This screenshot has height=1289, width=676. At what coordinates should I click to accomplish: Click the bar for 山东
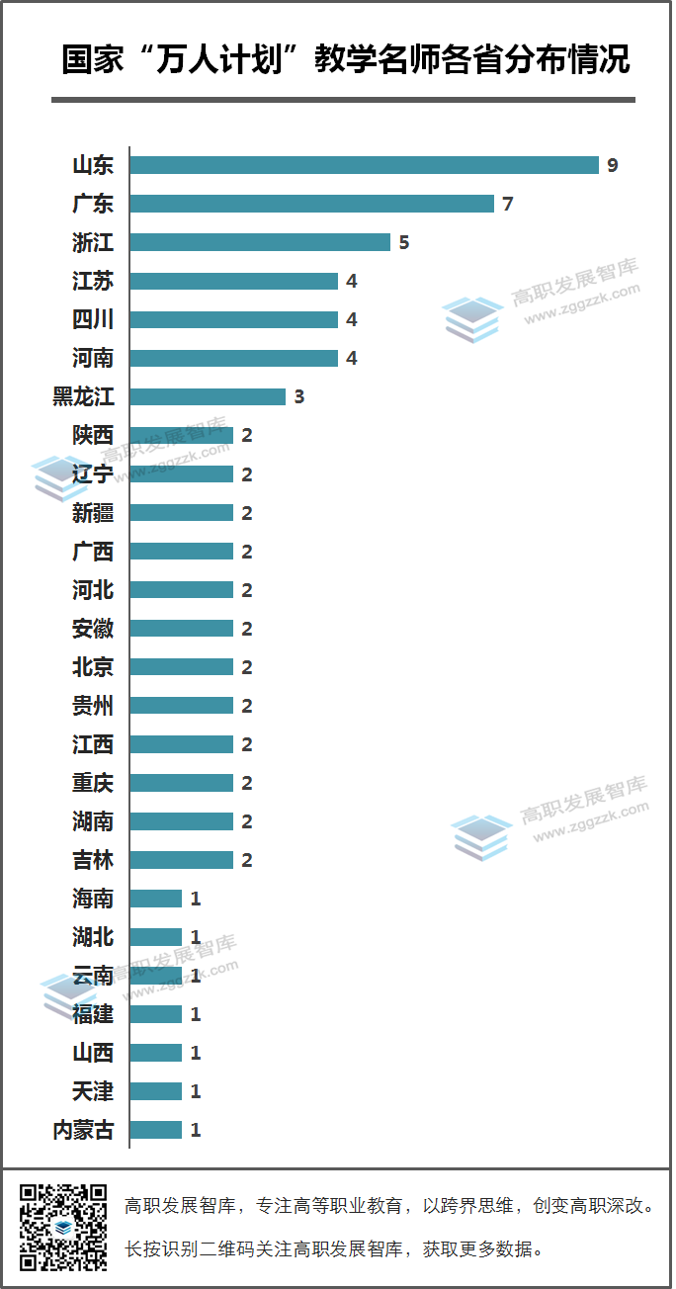pyautogui.click(x=364, y=165)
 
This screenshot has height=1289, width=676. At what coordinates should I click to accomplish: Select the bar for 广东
pyautogui.click(x=311, y=204)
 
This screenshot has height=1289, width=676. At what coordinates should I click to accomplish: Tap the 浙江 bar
pyautogui.click(x=260, y=242)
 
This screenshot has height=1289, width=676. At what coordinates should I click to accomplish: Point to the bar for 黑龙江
pyautogui.click(x=208, y=396)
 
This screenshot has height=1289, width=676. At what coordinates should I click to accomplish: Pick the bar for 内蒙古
pyautogui.click(x=156, y=1130)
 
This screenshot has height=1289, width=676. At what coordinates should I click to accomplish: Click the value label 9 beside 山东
pyautogui.click(x=613, y=165)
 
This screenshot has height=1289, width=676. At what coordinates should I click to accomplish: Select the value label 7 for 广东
pyautogui.click(x=508, y=204)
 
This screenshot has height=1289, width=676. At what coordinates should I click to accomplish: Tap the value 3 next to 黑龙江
pyautogui.click(x=299, y=396)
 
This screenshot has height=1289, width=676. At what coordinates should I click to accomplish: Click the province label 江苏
pyautogui.click(x=93, y=282)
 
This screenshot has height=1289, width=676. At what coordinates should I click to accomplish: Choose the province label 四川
pyautogui.click(x=93, y=320)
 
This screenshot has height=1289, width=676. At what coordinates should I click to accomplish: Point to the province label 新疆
pyautogui.click(x=93, y=513)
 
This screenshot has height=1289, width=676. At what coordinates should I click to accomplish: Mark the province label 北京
pyautogui.click(x=93, y=667)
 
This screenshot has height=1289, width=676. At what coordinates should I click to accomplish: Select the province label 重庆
pyautogui.click(x=93, y=783)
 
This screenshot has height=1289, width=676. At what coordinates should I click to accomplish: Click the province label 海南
pyautogui.click(x=93, y=899)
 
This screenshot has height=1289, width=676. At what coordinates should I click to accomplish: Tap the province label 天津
pyautogui.click(x=93, y=1091)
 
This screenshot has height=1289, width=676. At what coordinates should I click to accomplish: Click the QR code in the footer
pyautogui.click(x=63, y=1226)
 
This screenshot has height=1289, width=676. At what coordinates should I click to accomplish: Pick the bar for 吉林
pyautogui.click(x=182, y=860)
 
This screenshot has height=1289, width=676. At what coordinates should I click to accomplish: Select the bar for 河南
pyautogui.click(x=233, y=358)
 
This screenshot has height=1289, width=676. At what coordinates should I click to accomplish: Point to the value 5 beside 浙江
pyautogui.click(x=404, y=242)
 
